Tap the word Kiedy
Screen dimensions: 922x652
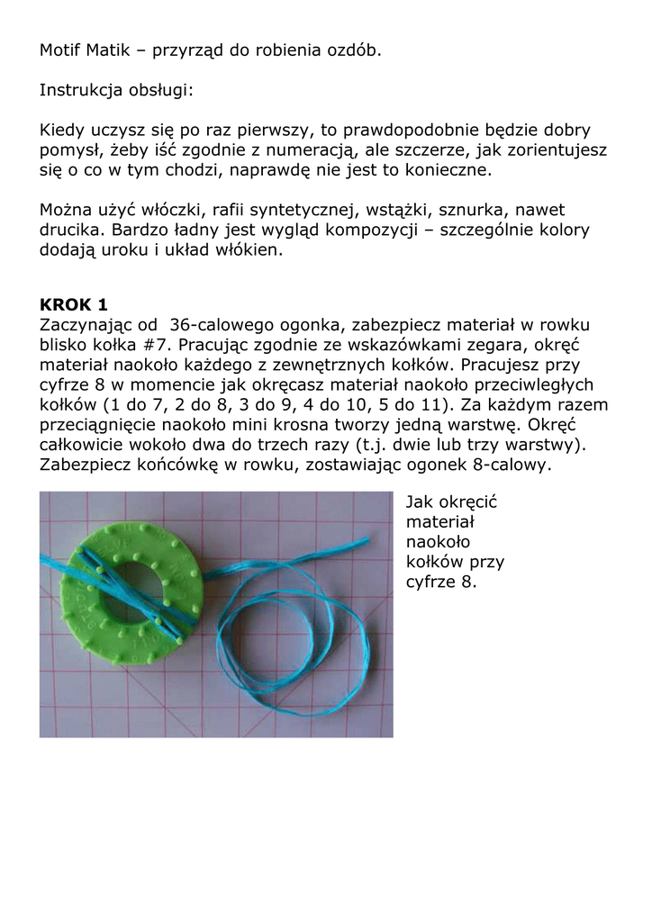62,131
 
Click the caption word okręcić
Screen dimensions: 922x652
475,502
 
